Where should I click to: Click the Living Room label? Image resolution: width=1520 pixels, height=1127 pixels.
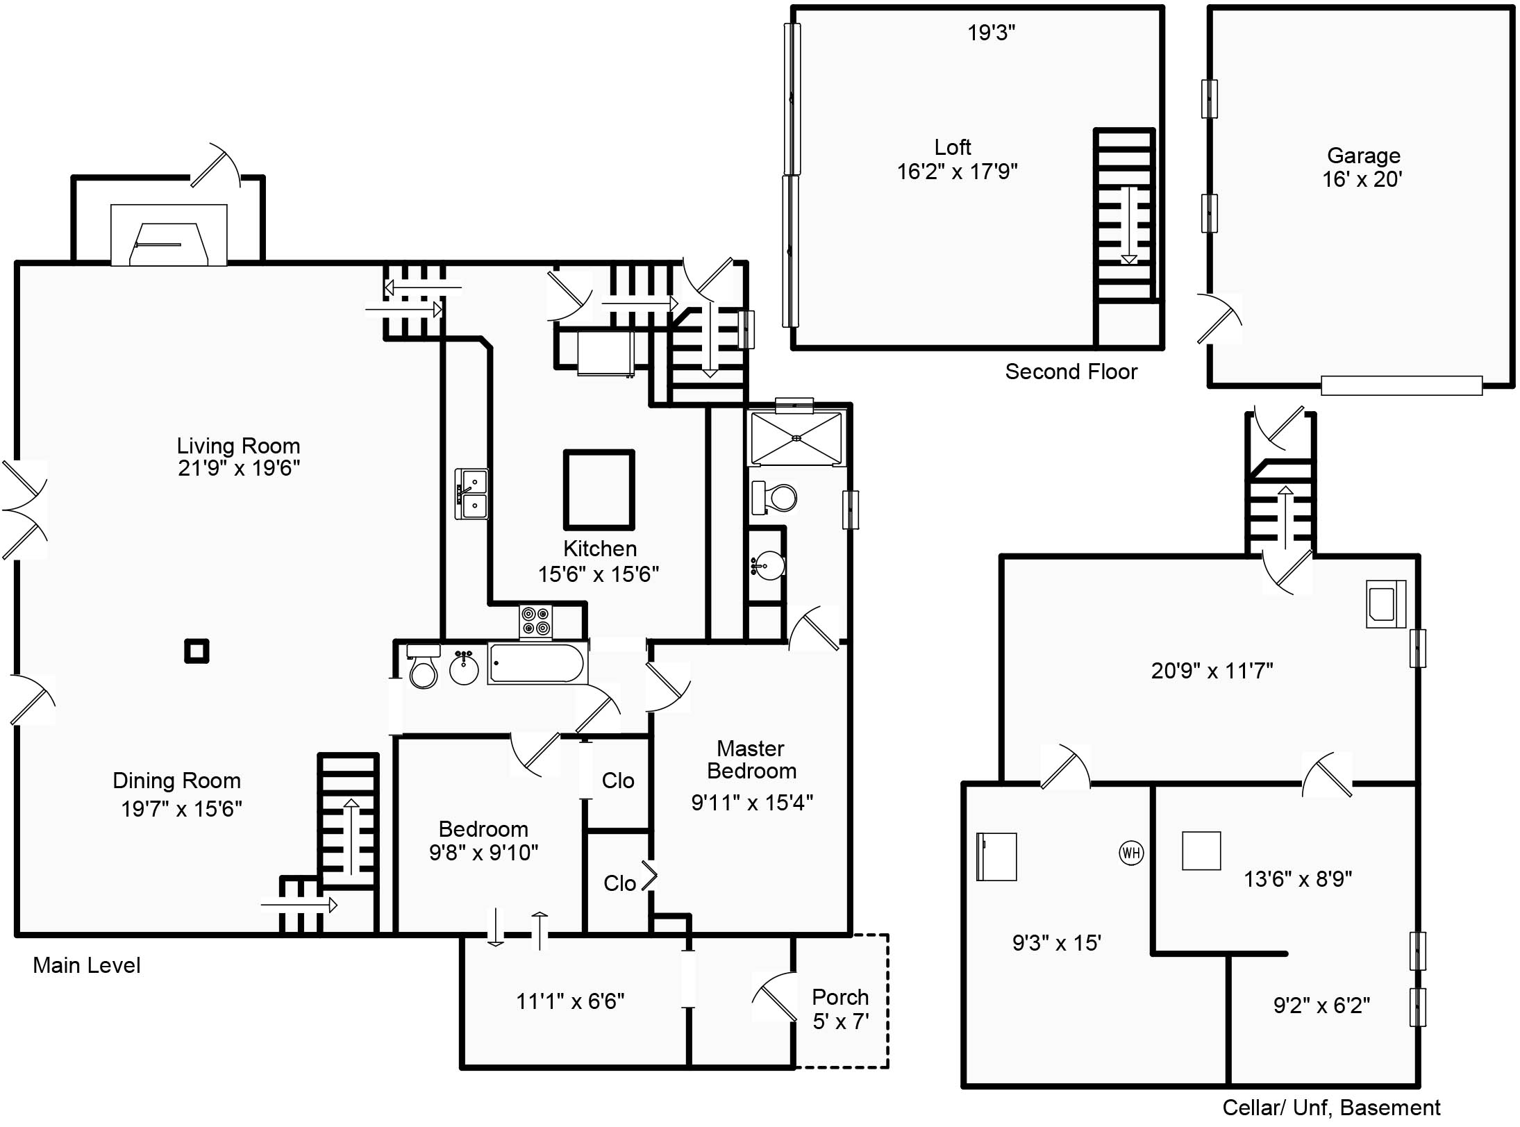click(238, 446)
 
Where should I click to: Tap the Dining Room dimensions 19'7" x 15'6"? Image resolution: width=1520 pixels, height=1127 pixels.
click(181, 809)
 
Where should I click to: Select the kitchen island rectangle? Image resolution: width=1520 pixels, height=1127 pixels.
click(599, 490)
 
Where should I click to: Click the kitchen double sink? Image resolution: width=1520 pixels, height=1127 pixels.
click(471, 494)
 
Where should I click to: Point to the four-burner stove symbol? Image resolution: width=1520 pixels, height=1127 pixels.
click(536, 621)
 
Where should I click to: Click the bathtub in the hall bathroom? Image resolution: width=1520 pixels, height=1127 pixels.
click(537, 664)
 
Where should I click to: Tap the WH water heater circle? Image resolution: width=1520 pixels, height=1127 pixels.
click(1131, 853)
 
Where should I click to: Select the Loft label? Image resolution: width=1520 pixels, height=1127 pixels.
click(952, 147)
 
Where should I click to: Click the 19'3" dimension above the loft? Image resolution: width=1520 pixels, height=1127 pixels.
click(991, 33)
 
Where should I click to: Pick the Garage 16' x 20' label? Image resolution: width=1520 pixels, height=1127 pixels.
click(1362, 167)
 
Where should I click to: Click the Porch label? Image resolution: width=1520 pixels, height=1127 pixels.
click(840, 997)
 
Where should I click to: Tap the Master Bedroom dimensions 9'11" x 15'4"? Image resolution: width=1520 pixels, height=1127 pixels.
click(752, 803)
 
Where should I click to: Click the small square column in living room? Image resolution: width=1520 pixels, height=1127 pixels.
click(197, 651)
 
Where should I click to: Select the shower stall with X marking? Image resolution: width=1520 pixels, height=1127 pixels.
click(796, 437)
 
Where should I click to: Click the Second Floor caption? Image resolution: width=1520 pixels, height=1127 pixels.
click(1071, 372)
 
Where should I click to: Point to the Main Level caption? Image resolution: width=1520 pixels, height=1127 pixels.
click(87, 965)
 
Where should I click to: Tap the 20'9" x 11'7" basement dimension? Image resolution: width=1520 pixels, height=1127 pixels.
click(1212, 671)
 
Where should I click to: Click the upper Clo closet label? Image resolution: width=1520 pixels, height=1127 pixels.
click(618, 780)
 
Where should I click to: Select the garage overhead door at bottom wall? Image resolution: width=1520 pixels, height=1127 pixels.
click(1401, 385)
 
